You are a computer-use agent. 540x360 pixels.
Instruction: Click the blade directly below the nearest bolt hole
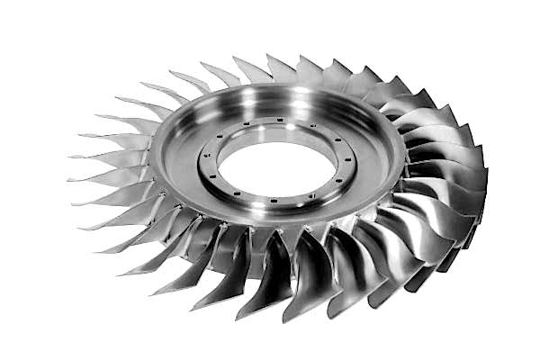click(x=270, y=270)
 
